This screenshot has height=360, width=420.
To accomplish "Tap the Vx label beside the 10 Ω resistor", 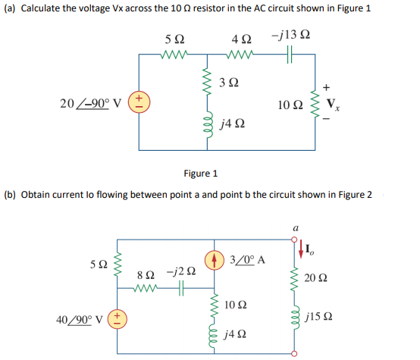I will click(331, 104).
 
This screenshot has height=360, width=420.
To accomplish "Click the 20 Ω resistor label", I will click(324, 279).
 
